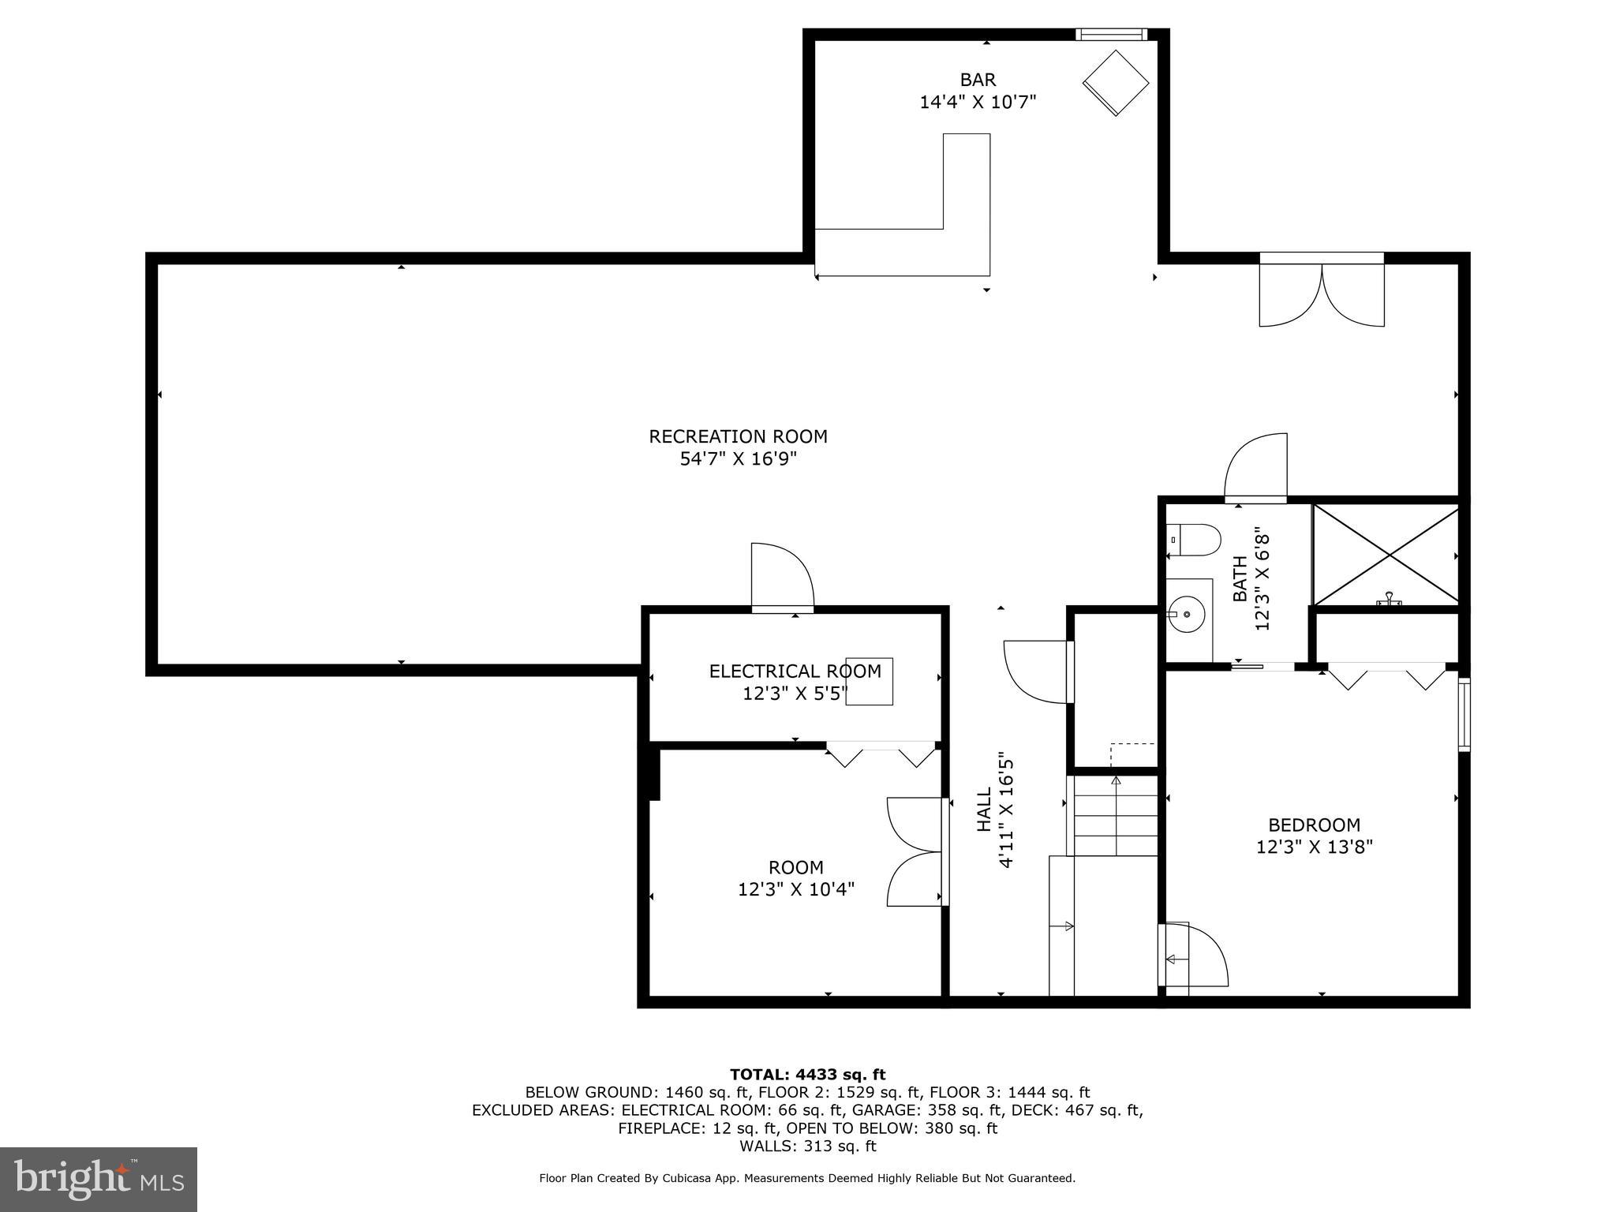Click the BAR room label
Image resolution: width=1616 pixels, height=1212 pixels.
(978, 80)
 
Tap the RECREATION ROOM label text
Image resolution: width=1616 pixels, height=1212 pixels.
(738, 436)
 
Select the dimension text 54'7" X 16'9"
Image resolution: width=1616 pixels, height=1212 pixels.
(738, 459)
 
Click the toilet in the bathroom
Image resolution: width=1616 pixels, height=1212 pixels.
(1193, 541)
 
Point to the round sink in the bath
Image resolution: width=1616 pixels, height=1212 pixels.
(1186, 614)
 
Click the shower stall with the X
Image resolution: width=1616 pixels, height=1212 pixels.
(1386, 555)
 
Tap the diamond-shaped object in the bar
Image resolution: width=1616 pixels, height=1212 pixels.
(1115, 83)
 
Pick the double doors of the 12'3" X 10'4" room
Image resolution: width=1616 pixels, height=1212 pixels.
(915, 851)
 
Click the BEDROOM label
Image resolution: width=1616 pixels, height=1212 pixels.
(1314, 825)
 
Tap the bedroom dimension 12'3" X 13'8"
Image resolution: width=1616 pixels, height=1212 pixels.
(1314, 847)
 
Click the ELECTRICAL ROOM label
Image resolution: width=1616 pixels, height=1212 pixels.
(795, 671)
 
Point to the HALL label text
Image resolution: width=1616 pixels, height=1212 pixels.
(984, 809)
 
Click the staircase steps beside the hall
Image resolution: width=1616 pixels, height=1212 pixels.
(1113, 817)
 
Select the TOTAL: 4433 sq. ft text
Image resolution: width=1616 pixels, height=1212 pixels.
(807, 1075)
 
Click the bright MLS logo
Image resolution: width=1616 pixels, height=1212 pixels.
(98, 1179)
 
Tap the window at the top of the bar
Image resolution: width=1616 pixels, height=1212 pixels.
(1111, 34)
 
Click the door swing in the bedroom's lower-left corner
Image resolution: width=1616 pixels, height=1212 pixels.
(1193, 956)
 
